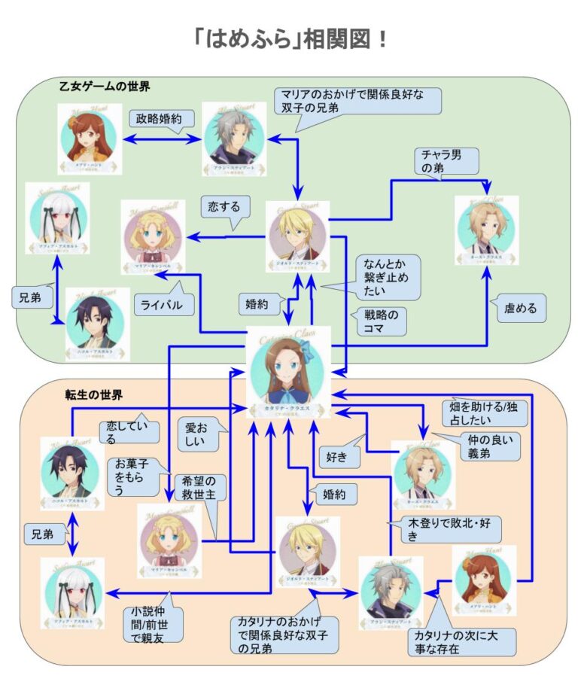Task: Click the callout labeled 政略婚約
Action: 163,120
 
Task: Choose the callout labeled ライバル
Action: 164,305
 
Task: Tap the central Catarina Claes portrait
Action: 288,369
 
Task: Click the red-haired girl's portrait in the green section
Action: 89,139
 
